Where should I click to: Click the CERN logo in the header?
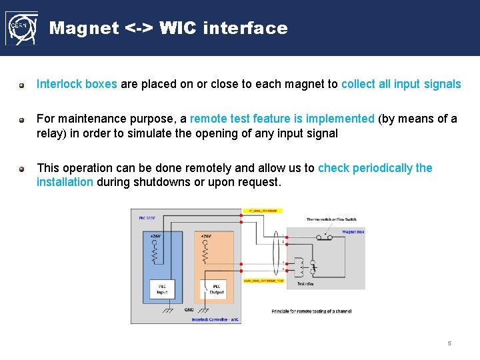[x=21, y=28]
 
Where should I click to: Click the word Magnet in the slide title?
[x=85, y=28]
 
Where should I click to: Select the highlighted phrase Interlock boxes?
[x=77, y=84]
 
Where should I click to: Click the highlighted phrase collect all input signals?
[x=401, y=84]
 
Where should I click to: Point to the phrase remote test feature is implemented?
[x=282, y=119]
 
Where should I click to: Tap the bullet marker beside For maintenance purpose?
[x=22, y=120]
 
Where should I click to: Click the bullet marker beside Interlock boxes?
[x=22, y=85]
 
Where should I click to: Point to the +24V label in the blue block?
[x=155, y=236]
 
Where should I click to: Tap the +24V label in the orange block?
[x=205, y=236]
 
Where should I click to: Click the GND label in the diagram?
[x=189, y=309]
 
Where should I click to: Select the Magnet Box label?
[x=353, y=232]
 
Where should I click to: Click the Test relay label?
[x=305, y=283]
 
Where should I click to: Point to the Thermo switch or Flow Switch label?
[x=331, y=219]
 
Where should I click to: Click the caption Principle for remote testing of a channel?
[x=311, y=311]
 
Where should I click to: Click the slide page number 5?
[x=449, y=344]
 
